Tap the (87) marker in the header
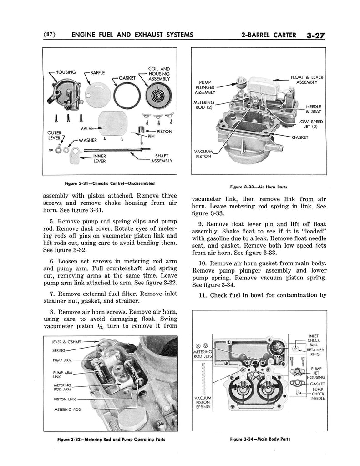tap(49, 35)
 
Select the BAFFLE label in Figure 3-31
tap(97, 72)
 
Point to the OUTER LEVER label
tap(54, 135)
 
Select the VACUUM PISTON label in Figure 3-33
tap(203, 154)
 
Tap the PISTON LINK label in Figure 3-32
tap(65, 400)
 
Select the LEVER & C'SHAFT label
tap(70, 341)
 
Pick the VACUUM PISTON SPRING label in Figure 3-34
tap(203, 402)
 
